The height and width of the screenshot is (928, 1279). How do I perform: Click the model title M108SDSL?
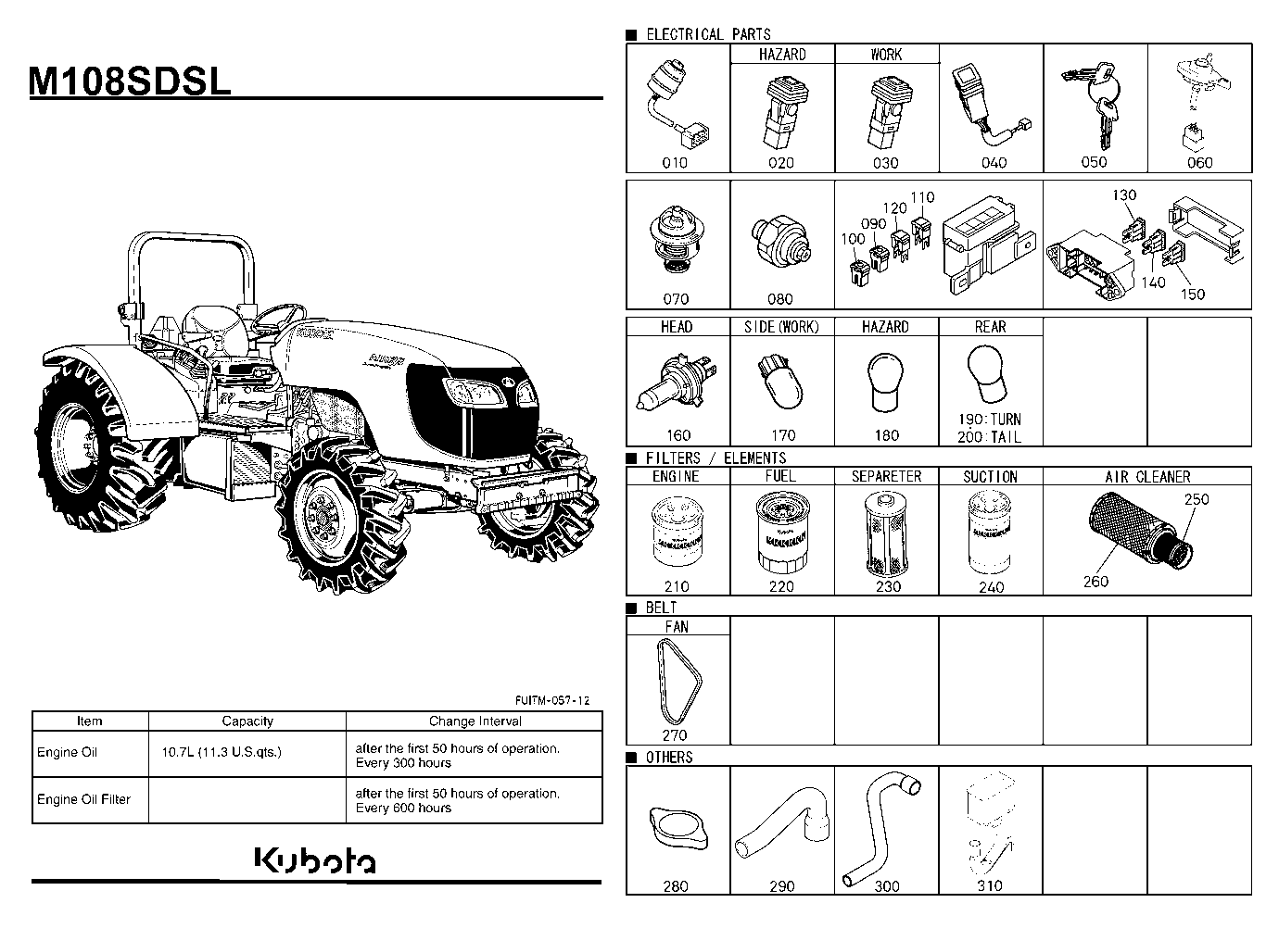pyautogui.click(x=130, y=81)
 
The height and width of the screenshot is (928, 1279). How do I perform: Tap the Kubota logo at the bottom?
pyautogui.click(x=314, y=860)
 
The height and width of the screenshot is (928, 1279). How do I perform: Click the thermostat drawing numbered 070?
pyautogui.click(x=677, y=239)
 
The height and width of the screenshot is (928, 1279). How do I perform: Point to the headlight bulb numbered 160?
pyautogui.click(x=677, y=382)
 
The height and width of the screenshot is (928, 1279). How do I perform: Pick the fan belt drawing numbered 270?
pyautogui.click(x=678, y=681)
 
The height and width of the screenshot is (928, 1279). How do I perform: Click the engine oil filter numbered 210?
pyautogui.click(x=677, y=532)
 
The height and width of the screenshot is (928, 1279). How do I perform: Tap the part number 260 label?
pyautogui.click(x=1095, y=582)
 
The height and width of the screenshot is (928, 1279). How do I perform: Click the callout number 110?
pyautogui.click(x=922, y=197)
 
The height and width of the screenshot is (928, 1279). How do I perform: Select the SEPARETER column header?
pyautogui.click(x=886, y=477)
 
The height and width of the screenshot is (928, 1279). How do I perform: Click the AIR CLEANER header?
pyautogui.click(x=1147, y=477)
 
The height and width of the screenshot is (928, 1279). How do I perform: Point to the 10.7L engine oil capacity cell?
pyautogui.click(x=222, y=752)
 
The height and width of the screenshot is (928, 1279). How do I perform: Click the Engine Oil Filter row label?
pyautogui.click(x=84, y=799)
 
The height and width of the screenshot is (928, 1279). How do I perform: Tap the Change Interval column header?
pyautogui.click(x=475, y=721)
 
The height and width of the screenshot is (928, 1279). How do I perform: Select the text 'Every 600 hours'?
pyautogui.click(x=403, y=809)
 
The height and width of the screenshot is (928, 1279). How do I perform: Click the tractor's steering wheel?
pyautogui.click(x=279, y=318)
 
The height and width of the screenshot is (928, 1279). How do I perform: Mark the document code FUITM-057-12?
pyautogui.click(x=552, y=700)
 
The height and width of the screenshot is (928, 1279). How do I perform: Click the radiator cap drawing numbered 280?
pyautogui.click(x=678, y=828)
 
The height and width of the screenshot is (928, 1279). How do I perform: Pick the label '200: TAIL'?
pyautogui.click(x=990, y=437)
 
